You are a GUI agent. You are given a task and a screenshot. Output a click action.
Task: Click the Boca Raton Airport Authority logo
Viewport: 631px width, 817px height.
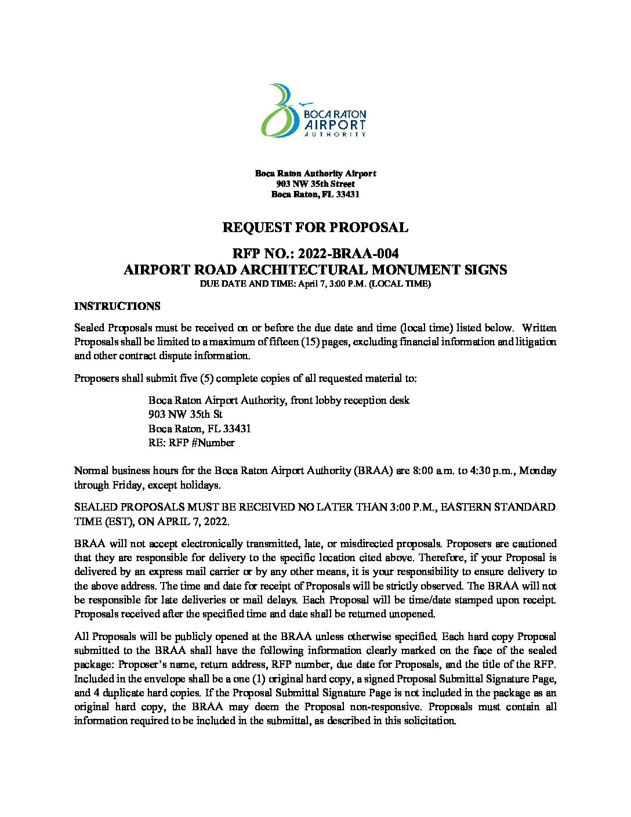click(314, 110)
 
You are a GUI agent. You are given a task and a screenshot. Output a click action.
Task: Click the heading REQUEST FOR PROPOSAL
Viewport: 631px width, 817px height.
click(315, 227)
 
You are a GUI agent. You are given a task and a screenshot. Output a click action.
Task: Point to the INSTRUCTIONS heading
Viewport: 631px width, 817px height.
click(117, 306)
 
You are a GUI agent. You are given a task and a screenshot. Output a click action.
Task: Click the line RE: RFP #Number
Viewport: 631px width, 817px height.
click(191, 443)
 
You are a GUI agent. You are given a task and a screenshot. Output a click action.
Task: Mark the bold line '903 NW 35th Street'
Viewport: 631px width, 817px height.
click(315, 184)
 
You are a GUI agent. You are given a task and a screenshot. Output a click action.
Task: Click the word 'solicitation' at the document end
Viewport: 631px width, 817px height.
click(429, 721)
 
